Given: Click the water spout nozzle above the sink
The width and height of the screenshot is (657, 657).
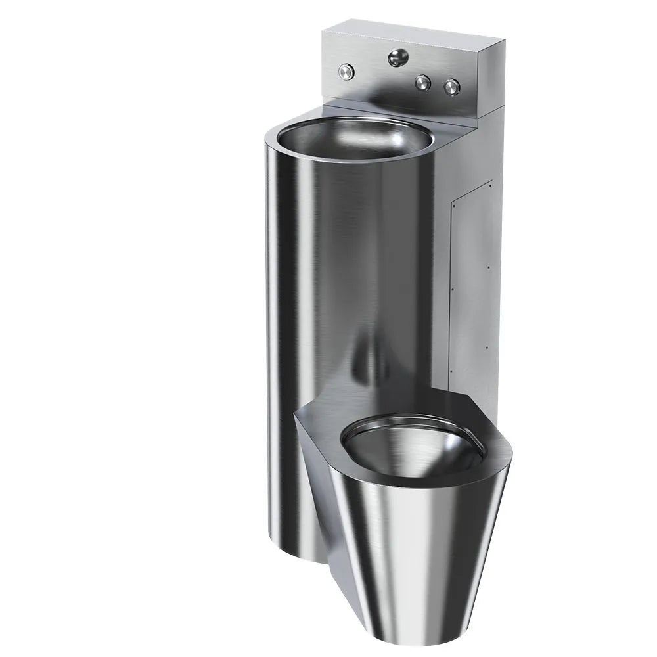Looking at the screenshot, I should click(x=396, y=58).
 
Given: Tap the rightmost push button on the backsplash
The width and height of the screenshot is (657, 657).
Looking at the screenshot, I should click(x=451, y=85).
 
